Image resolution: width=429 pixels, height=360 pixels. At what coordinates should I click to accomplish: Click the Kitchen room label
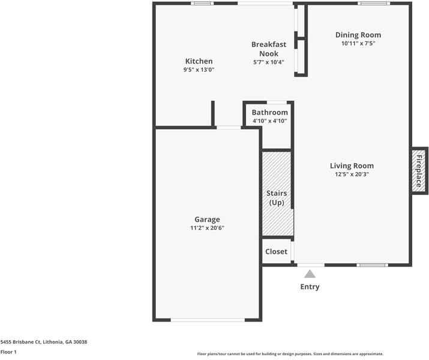[x=199, y=61]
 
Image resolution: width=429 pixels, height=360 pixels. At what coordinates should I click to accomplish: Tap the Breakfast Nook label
[x=269, y=49]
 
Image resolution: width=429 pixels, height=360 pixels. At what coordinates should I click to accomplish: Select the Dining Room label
[x=358, y=35]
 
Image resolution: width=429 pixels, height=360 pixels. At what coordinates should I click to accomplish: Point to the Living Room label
[x=352, y=166]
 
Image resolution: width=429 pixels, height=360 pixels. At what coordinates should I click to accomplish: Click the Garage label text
[x=207, y=220]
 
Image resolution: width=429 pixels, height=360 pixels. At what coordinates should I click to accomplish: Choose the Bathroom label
[x=270, y=112]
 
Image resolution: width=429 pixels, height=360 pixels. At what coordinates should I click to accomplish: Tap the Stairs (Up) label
[x=277, y=198]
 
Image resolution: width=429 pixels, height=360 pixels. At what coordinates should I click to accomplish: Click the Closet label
[x=277, y=251]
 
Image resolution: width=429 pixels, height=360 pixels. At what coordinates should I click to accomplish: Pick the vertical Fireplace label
[x=419, y=171]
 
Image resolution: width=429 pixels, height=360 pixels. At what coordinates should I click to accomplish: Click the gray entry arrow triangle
[x=310, y=274]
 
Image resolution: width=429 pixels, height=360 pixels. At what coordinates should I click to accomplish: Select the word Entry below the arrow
[x=310, y=287]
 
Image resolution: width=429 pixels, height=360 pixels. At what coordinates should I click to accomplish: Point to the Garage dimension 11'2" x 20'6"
[x=207, y=228]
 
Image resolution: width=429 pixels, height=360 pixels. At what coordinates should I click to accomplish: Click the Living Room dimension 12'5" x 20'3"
[x=352, y=174]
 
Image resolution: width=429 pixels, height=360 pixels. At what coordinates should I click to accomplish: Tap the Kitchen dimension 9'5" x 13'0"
[x=199, y=70]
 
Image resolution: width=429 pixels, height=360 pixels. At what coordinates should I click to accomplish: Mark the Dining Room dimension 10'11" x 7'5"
[x=358, y=43]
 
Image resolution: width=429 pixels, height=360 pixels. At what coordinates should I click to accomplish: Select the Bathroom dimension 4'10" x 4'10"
[x=270, y=121]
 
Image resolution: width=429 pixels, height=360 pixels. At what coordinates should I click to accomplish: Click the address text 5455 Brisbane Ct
[x=20, y=342]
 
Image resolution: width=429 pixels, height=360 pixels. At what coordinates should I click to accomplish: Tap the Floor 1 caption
[x=8, y=352]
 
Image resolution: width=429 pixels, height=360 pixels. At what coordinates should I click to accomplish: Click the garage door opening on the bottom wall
[x=208, y=320]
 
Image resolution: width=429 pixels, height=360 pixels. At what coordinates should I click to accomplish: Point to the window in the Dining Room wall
[x=374, y=3]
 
